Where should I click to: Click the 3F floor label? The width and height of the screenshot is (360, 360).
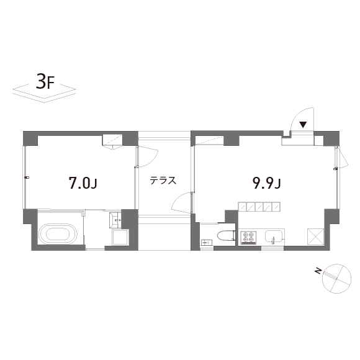click(45, 82)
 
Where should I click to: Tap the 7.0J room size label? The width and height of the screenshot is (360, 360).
click(83, 183)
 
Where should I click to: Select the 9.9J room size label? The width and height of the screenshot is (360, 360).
click(267, 183)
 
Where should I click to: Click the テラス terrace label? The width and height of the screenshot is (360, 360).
click(163, 181)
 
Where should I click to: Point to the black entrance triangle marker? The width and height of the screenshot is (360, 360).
click(303, 125)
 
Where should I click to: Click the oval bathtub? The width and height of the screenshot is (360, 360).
click(58, 234)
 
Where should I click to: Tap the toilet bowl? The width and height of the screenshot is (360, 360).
click(227, 236)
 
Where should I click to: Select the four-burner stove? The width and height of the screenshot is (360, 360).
click(248, 237)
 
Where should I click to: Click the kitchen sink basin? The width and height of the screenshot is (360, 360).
click(274, 237)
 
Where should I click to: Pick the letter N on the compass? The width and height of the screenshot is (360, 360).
click(318, 271)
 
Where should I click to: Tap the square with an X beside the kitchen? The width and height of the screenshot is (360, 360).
click(316, 236)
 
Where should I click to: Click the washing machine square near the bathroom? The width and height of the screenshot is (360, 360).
click(120, 237)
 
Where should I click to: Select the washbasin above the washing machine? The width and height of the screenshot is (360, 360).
click(115, 220)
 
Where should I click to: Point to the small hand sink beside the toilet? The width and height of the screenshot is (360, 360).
click(207, 242)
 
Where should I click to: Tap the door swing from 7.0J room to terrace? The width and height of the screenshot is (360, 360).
click(154, 161)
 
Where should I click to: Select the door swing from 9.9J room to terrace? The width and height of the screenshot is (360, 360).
click(177, 200)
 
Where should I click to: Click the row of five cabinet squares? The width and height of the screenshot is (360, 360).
click(259, 207)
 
